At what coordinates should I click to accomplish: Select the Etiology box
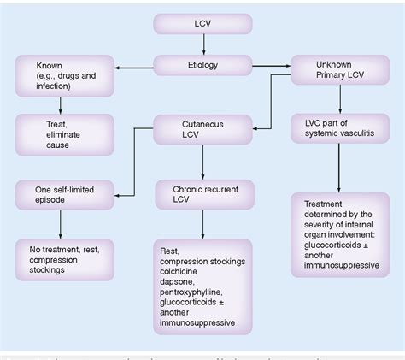point(202,66)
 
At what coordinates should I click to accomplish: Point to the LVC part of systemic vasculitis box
point(340,132)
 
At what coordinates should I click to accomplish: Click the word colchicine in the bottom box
point(182,274)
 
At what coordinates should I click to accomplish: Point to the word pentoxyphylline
point(193,296)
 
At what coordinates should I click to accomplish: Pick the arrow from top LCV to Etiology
point(202,45)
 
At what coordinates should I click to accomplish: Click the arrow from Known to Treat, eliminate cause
point(59,104)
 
